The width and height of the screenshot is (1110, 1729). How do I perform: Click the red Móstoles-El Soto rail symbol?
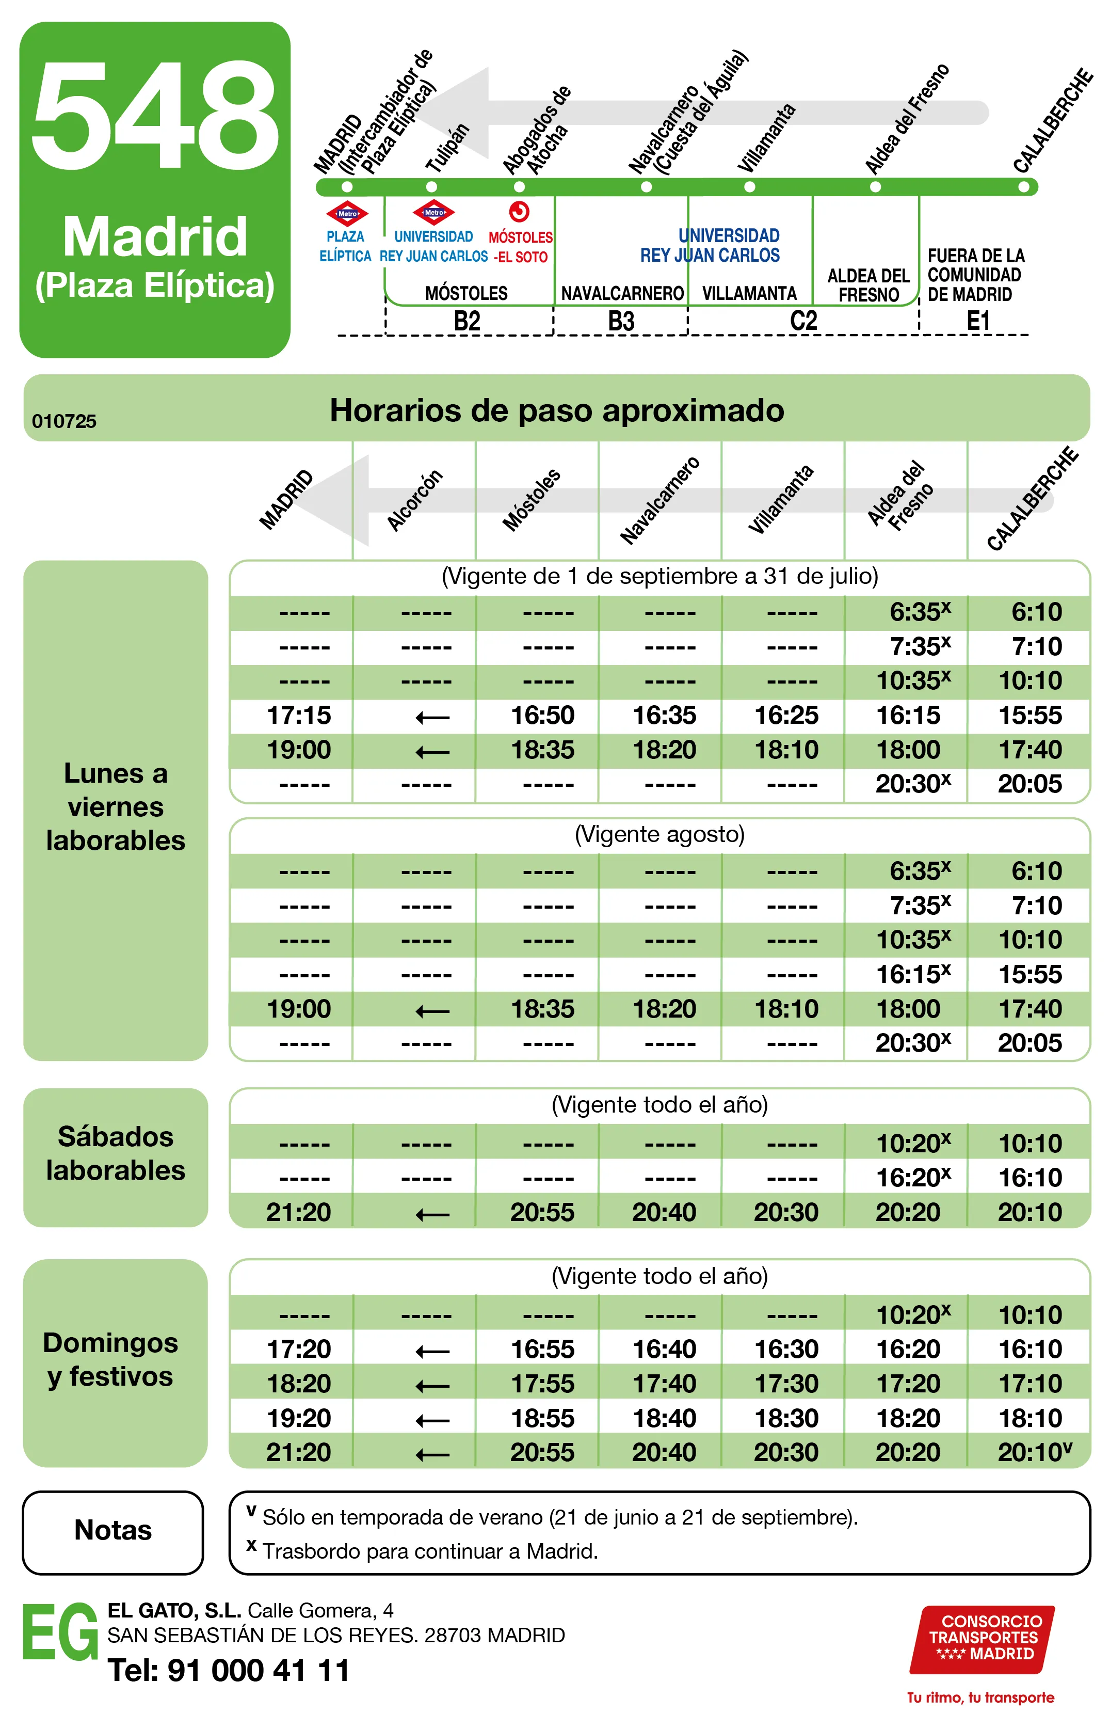pos(519,211)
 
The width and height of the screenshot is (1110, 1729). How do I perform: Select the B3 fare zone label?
pos(621,321)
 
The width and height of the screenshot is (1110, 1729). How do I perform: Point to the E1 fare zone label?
pos(978,321)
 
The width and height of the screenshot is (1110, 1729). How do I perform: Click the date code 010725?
pos(64,421)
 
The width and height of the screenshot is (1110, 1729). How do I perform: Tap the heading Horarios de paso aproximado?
pos(556,410)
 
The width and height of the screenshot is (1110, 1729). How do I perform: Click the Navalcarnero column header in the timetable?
pos(659,500)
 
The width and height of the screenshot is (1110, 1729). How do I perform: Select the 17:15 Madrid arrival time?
pos(298,715)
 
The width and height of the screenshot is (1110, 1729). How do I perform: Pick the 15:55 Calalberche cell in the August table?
pos(1029,974)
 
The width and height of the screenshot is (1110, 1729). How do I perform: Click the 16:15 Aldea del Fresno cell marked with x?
pos(912,974)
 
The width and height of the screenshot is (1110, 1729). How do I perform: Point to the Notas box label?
pos(113,1530)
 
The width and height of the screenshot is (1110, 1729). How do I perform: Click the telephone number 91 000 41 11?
pos(258,1670)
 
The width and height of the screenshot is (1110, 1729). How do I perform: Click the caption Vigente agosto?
pos(659,834)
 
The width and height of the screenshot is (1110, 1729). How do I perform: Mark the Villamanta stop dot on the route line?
pos(750,187)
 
